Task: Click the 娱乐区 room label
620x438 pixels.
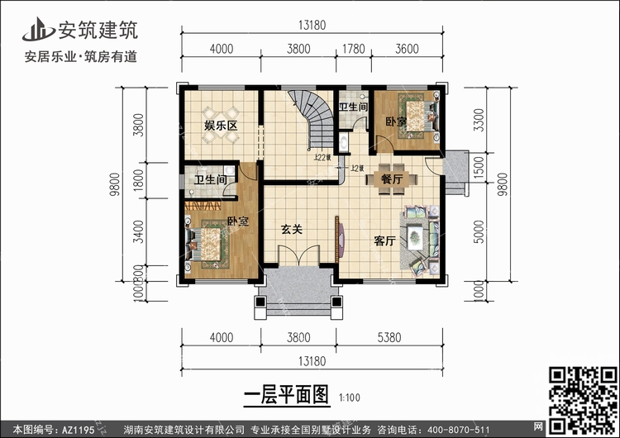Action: [221, 126]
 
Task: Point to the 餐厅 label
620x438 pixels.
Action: [392, 179]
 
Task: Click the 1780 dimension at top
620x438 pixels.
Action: [355, 49]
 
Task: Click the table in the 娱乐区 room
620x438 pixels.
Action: [221, 112]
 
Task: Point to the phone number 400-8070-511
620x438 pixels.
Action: [465, 428]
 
